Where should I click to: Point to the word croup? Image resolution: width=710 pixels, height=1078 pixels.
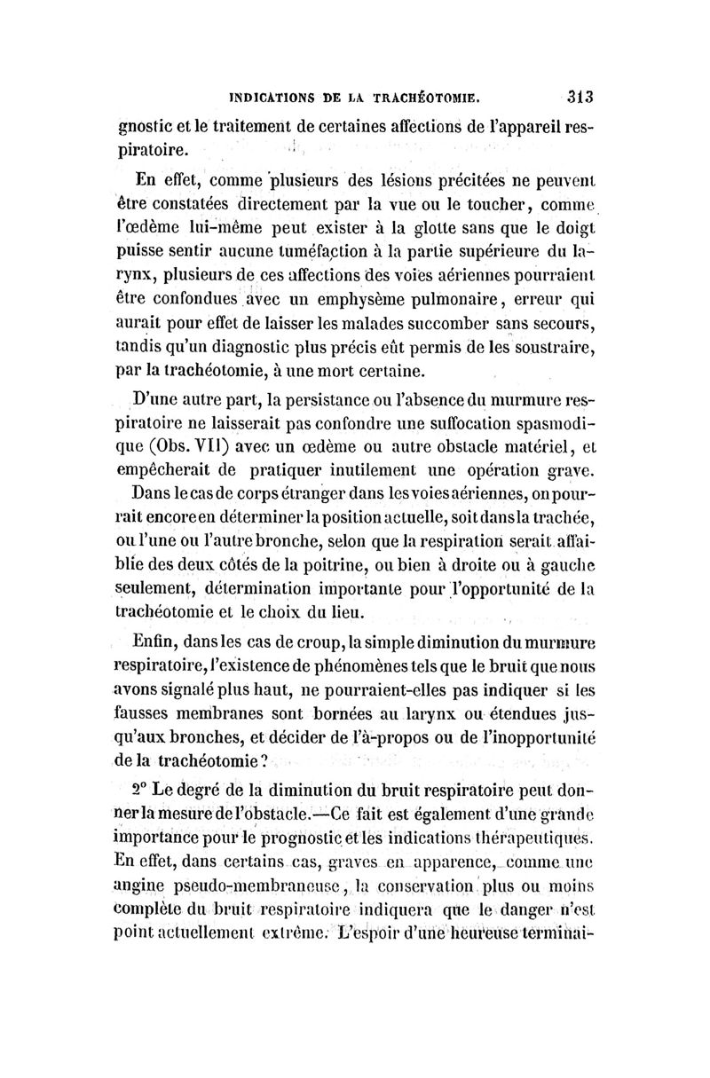301,637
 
